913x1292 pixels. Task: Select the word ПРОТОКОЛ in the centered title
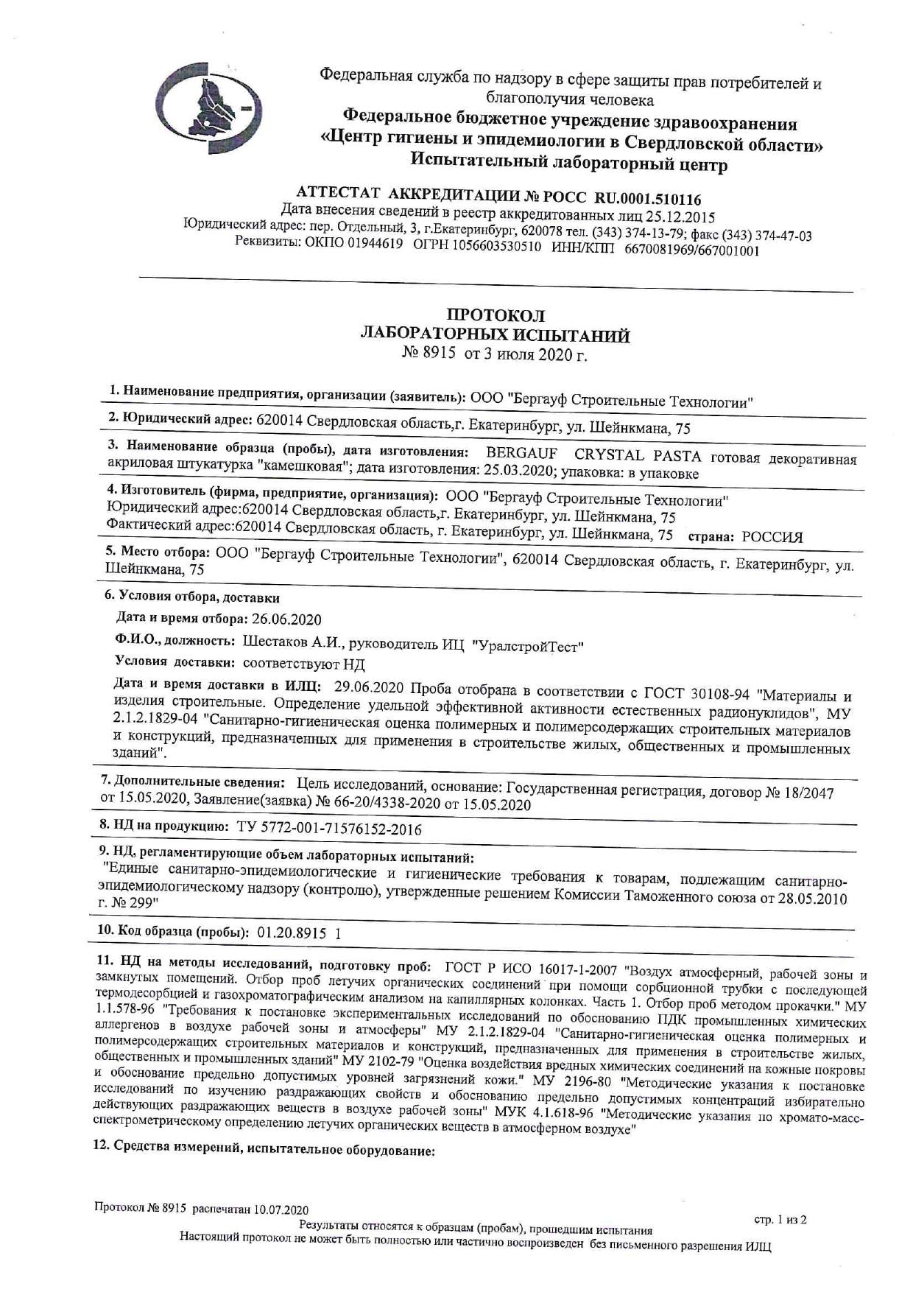pyautogui.click(x=496, y=316)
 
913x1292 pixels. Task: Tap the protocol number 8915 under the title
pyautogui.click(x=440, y=355)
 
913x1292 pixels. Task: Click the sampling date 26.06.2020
pyautogui.click(x=286, y=619)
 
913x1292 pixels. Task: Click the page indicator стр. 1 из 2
pyautogui.click(x=780, y=1220)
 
